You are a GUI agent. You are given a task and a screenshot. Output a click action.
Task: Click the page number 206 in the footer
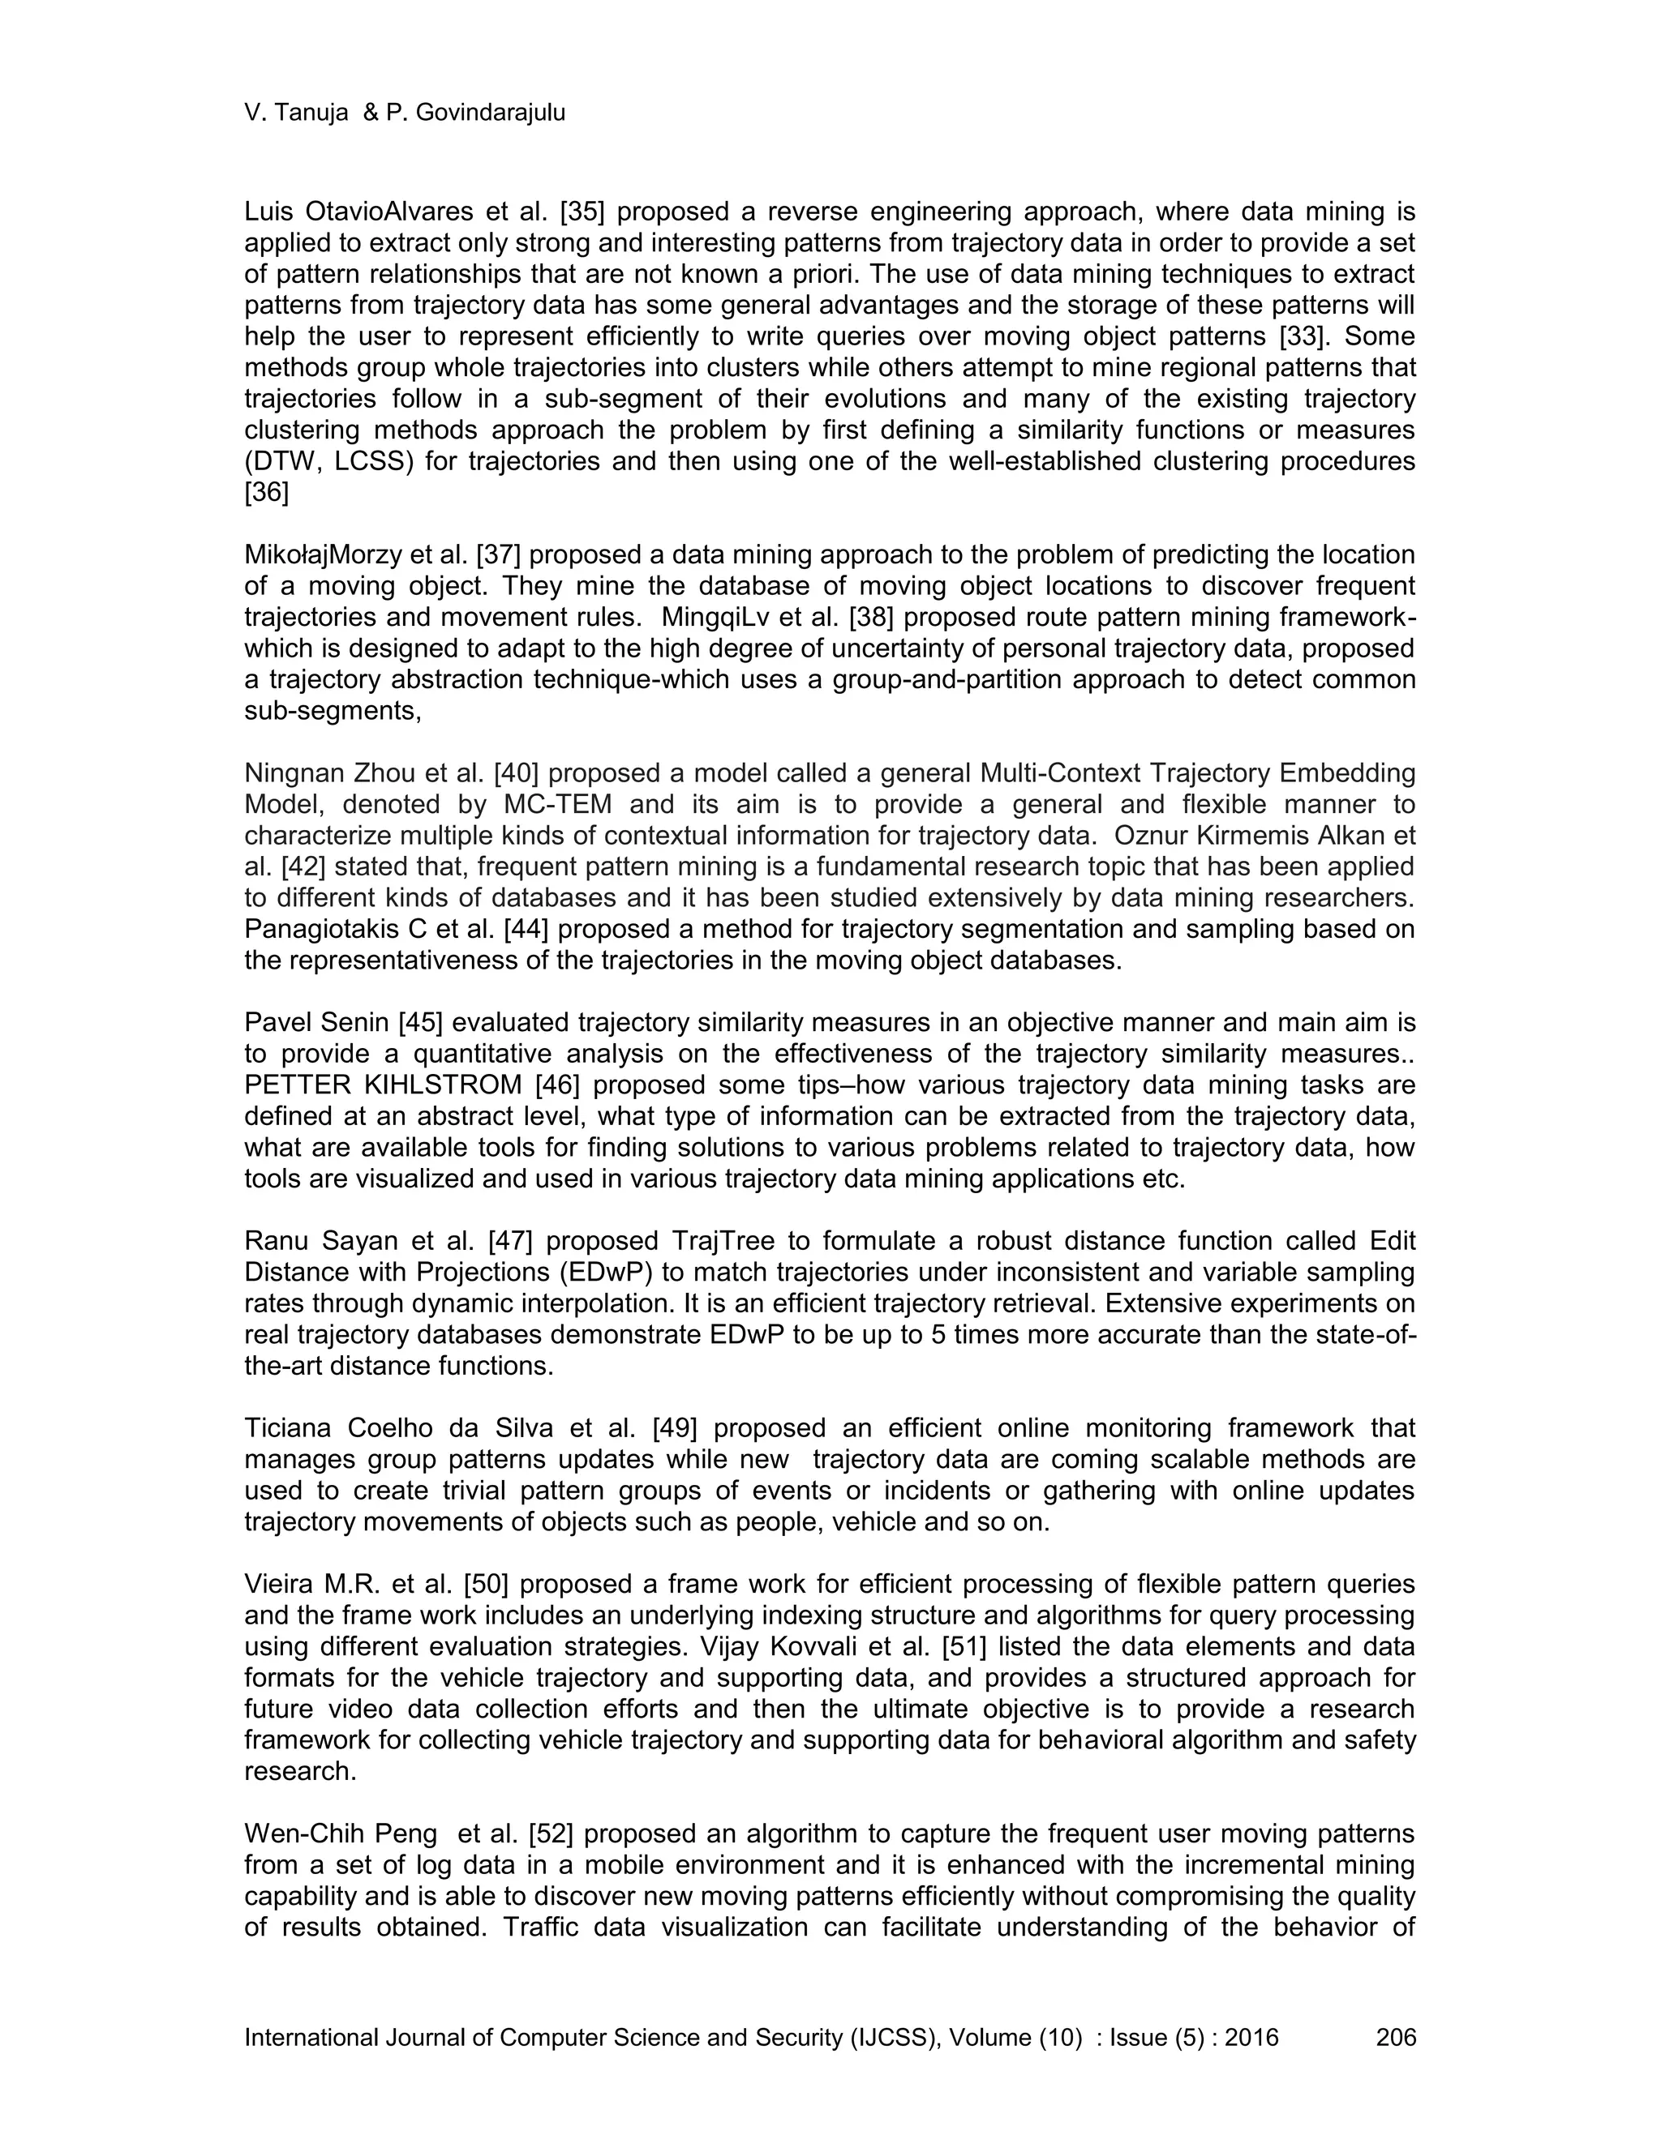coord(1395,2037)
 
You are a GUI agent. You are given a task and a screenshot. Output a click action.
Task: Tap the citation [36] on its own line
coord(267,493)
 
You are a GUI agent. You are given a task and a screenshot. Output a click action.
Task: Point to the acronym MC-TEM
coord(558,805)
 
